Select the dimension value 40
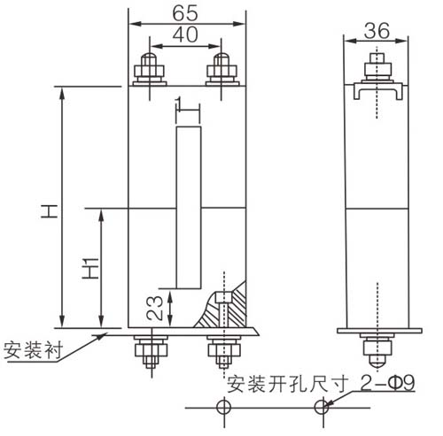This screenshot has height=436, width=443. point(186,34)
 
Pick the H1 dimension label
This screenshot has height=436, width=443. point(89,267)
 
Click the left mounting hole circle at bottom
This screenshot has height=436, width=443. point(224,408)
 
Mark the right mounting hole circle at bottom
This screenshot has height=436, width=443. point(323,408)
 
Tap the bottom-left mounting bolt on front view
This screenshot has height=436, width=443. point(146,353)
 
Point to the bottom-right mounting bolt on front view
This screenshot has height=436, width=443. point(221,353)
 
